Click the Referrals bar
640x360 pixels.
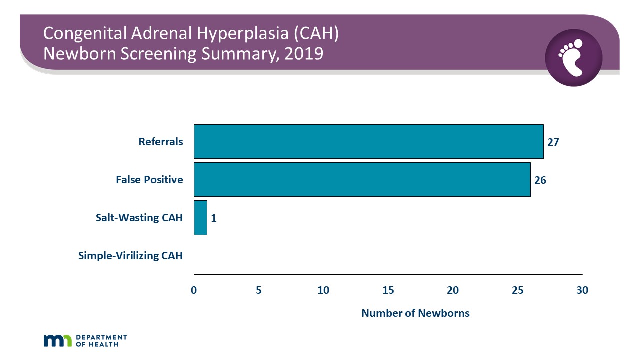368,142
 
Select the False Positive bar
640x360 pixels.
362,179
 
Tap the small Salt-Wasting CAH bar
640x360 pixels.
200,218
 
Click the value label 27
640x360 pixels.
553,142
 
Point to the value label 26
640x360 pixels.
540,180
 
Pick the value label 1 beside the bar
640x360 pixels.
213,218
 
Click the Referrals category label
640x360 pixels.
161,142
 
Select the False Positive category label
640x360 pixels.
149,180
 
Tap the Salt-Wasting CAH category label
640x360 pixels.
139,218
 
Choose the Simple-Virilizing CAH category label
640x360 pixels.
130,256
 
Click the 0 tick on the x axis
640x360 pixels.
194,290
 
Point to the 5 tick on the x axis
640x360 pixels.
259,290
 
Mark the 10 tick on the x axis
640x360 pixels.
323,290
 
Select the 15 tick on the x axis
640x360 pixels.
388,290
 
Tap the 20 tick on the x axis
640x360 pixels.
453,290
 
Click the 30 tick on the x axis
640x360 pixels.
582,290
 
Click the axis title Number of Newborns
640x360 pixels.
415,313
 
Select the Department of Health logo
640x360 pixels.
85,340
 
